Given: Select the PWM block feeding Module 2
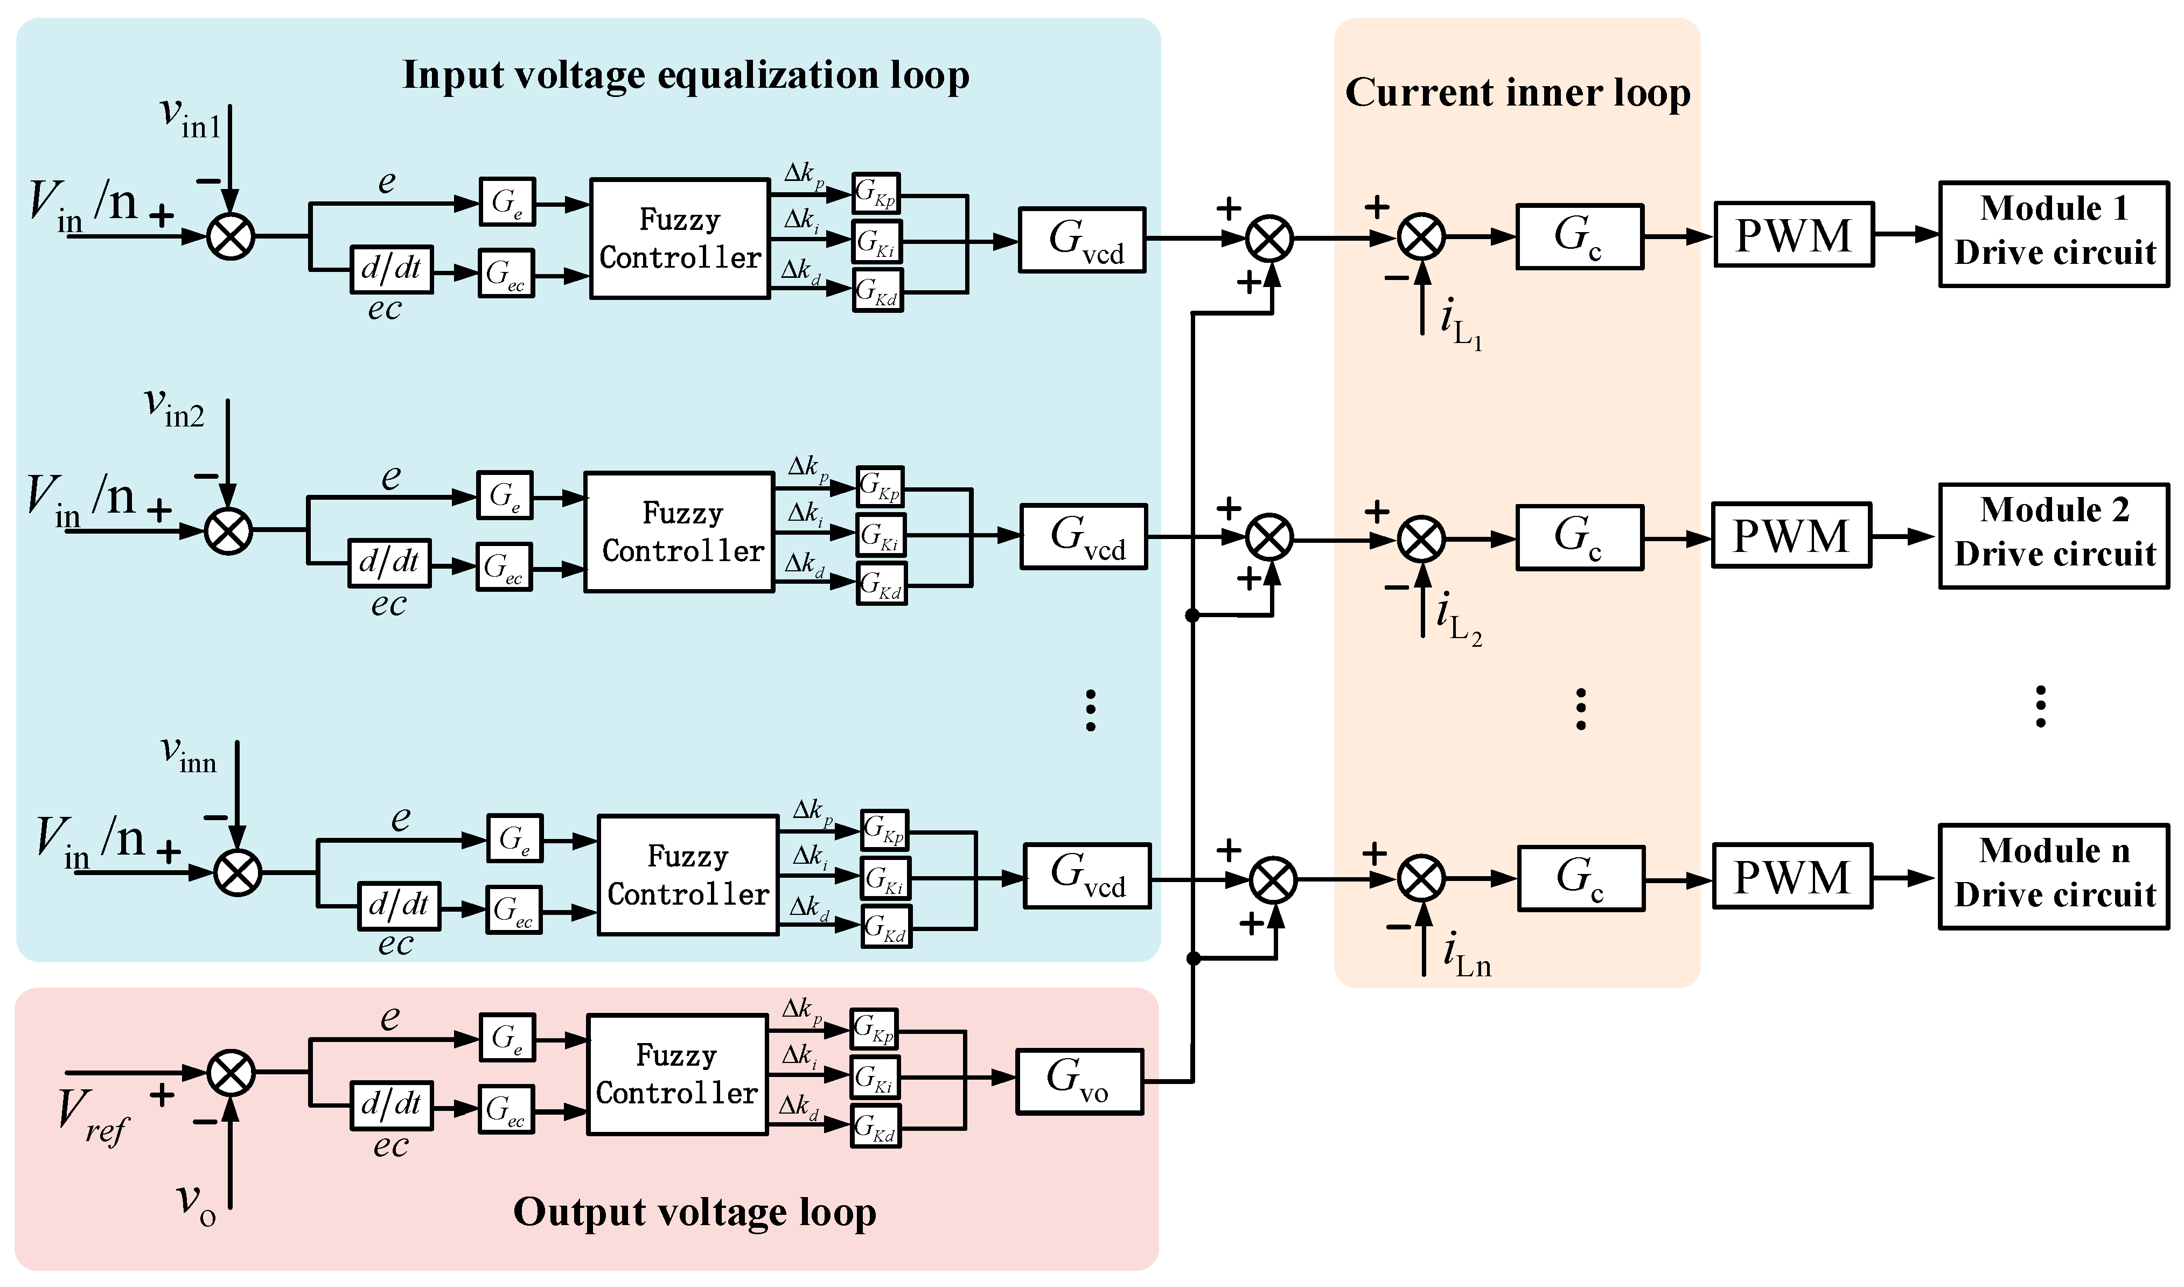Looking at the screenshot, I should [1790, 535].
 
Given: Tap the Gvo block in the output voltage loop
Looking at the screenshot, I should [1078, 1081].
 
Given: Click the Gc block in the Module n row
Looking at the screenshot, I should [1580, 878].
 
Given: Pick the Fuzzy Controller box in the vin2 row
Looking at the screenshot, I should [679, 531].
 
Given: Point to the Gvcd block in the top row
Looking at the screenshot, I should [1081, 240].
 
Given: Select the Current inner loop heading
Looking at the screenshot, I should [1517, 92].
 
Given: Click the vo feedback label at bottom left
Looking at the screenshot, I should [195, 1204].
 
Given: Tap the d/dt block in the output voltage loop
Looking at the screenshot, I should [391, 1105].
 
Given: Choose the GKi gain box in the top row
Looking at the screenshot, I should [877, 242].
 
